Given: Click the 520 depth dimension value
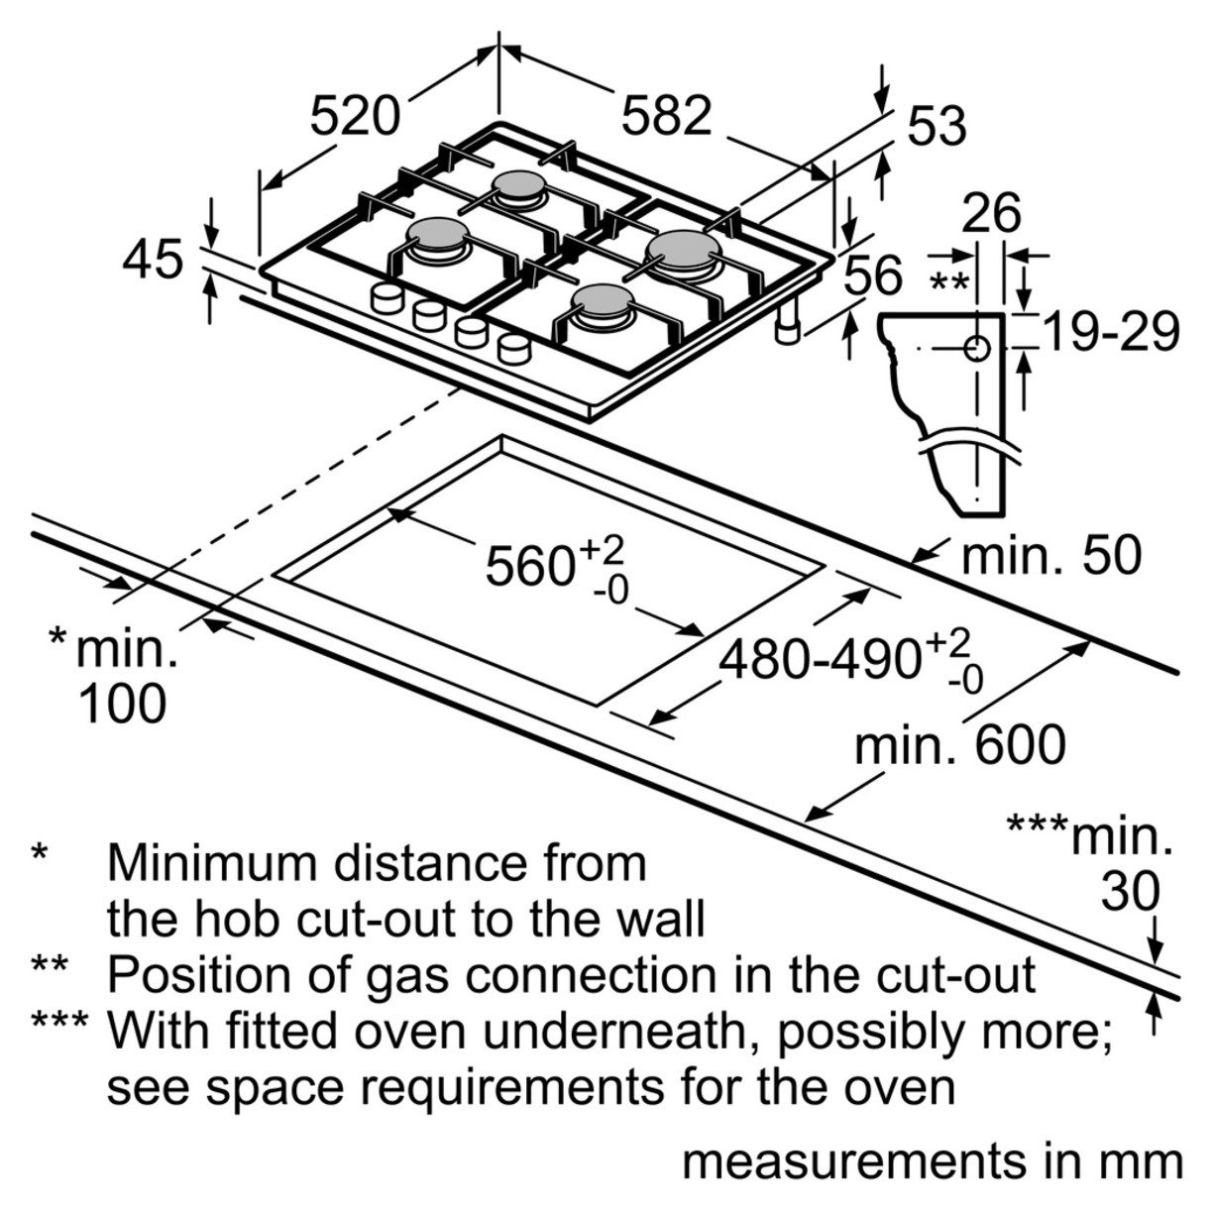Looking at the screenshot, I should tap(355, 116).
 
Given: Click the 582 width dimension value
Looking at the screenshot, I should tap(666, 116).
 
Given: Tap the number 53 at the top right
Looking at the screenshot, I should tap(937, 127).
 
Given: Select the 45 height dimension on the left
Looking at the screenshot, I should tap(154, 261).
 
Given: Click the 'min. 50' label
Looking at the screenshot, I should tap(1052, 556).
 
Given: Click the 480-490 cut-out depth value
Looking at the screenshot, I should tap(821, 659).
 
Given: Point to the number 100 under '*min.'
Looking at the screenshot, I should tap(123, 705).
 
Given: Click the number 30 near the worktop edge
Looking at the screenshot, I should tap(1130, 892).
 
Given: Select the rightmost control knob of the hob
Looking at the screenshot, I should tap(514, 348).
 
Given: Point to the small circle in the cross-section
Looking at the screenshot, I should tap(976, 349).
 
